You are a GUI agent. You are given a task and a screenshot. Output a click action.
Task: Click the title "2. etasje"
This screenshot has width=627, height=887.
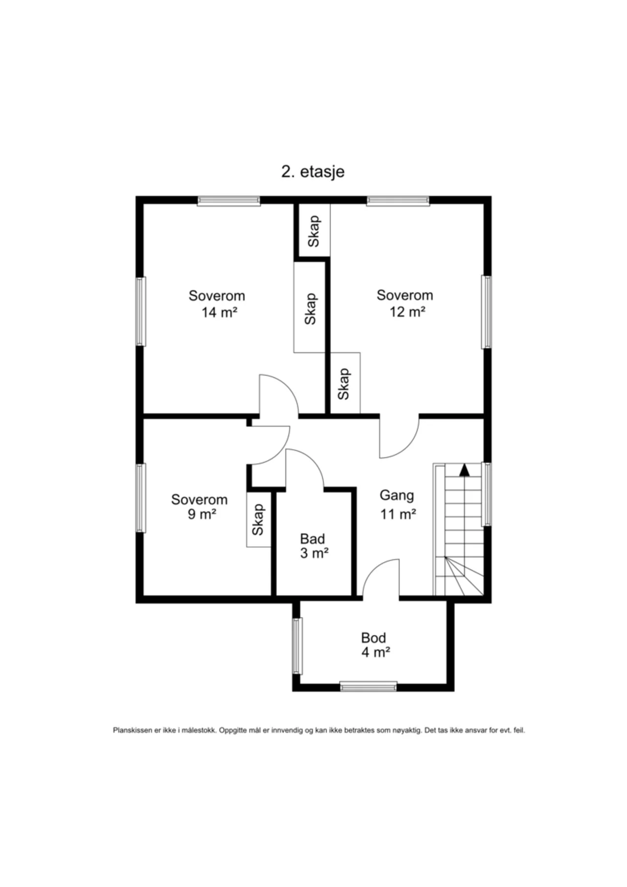[x=313, y=171]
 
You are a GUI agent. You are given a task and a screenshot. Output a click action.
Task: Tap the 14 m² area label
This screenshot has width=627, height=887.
[x=219, y=312]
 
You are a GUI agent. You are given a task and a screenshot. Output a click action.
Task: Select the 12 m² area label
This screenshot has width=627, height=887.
[x=407, y=311]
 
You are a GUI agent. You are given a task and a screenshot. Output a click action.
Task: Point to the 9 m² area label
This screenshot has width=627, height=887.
[x=202, y=514]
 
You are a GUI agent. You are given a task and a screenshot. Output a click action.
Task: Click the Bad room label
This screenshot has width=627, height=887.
[x=312, y=539]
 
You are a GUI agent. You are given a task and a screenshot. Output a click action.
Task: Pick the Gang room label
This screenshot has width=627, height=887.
[x=396, y=496]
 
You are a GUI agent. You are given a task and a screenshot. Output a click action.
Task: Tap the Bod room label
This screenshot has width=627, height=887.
[x=373, y=638]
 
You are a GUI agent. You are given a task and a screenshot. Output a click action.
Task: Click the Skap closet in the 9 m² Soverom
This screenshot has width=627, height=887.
[x=259, y=519]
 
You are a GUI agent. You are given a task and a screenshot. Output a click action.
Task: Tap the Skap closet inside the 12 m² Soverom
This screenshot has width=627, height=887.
[x=345, y=383]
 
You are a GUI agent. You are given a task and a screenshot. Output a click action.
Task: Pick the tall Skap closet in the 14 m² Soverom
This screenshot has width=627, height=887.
[x=309, y=307]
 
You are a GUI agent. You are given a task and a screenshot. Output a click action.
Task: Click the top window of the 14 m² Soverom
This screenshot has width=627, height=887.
[x=229, y=201]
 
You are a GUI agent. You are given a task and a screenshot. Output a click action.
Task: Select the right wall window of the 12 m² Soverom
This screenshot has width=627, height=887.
[x=487, y=312]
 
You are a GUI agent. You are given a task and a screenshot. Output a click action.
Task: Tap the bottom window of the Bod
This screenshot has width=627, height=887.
[x=368, y=686]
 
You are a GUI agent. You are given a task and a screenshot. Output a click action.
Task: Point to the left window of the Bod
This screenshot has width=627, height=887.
[x=297, y=646]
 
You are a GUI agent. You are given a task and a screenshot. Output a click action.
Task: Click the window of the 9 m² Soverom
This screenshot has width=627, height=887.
[x=141, y=498]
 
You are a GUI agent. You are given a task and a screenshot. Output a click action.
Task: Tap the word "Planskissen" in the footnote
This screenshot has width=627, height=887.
[x=132, y=730]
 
